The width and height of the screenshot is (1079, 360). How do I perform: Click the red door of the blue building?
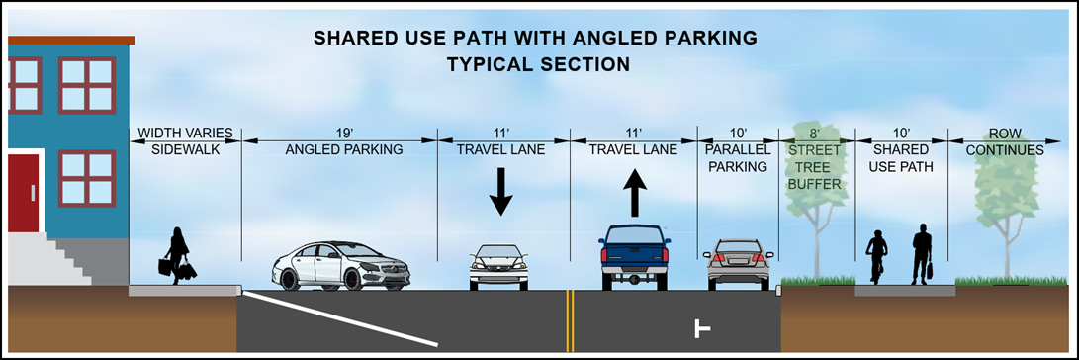[24, 194]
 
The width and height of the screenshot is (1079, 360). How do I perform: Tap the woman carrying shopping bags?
[177, 256]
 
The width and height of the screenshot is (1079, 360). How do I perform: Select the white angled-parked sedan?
[341, 266]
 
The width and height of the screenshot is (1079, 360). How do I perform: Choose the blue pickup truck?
[635, 257]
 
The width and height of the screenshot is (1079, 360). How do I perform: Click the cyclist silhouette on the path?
[876, 257]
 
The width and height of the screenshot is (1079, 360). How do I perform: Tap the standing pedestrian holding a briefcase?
[922, 254]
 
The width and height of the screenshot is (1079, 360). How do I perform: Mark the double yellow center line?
[570, 320]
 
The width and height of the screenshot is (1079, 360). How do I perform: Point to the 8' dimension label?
[816, 132]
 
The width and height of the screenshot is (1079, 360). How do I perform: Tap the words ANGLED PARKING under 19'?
[344, 149]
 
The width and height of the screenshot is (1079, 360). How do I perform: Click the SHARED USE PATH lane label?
[901, 157]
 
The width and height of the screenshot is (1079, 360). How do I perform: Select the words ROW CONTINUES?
[1004, 140]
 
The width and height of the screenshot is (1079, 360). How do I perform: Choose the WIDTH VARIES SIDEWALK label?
[186, 140]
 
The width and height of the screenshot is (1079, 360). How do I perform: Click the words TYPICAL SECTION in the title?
[539, 64]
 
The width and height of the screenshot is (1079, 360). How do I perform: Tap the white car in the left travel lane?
[498, 267]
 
